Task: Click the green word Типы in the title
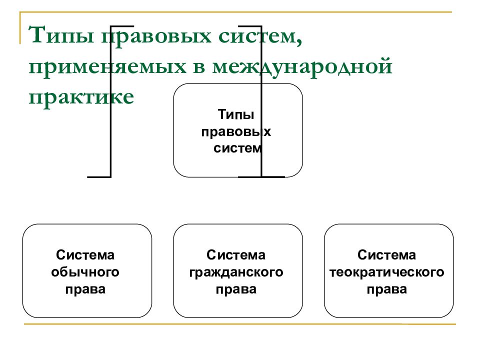tap(61, 34)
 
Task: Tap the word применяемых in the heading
tap(107, 67)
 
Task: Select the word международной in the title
tap(302, 66)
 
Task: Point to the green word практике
tap(81, 97)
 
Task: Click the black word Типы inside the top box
tap(235, 114)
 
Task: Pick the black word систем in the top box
tap(237, 148)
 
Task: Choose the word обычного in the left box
tap(85, 272)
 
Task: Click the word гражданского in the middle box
tap(236, 272)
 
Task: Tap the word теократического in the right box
tap(386, 272)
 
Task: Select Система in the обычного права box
tap(85, 255)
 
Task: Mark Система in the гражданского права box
tap(235, 255)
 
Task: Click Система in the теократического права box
tap(386, 255)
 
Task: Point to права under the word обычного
tap(85, 289)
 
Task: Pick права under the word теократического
tap(387, 289)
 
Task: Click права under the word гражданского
tap(236, 289)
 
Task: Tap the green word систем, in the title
tap(260, 36)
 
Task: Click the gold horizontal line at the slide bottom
tap(239, 324)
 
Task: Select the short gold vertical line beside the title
tap(20, 28)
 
